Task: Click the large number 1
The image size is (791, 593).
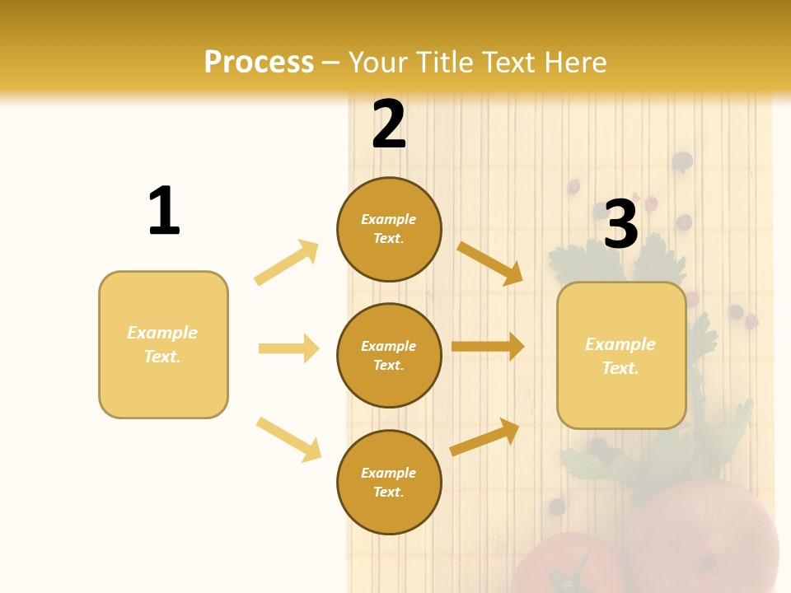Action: point(164,211)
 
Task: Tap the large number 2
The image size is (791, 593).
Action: point(389,124)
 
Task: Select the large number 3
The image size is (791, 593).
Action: point(621,223)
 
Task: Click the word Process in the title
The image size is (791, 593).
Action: point(259,63)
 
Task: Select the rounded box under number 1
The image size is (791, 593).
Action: point(163,344)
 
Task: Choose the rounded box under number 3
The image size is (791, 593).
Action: point(621,356)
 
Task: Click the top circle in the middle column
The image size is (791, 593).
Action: point(389,229)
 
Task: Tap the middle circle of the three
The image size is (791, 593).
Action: point(389,356)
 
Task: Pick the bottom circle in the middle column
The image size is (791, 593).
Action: point(389,483)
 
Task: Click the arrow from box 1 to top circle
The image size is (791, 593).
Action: point(287,263)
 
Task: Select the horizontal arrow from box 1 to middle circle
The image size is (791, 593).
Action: point(288,348)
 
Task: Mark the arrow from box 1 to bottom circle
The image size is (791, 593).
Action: point(288,439)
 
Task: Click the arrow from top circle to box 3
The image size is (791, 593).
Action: point(490,263)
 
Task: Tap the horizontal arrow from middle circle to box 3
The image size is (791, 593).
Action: point(488,347)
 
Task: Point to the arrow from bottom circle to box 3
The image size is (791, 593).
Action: point(485,437)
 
